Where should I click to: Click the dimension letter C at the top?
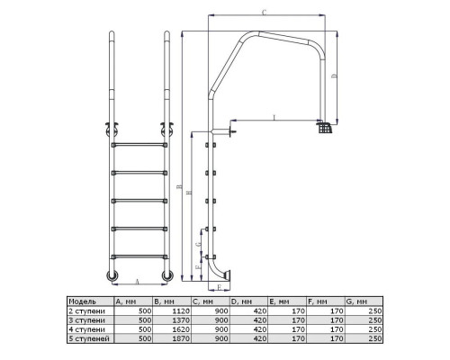(264, 13)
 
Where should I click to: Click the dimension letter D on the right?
(335, 76)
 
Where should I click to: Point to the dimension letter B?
(179, 187)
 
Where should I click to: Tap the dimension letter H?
(189, 193)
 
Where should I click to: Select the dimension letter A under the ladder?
(138, 282)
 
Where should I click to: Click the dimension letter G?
(198, 245)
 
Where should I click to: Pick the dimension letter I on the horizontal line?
(274, 117)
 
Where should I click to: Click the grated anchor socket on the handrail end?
(324, 128)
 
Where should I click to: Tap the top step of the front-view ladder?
(139, 145)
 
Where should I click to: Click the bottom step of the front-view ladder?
(139, 256)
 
